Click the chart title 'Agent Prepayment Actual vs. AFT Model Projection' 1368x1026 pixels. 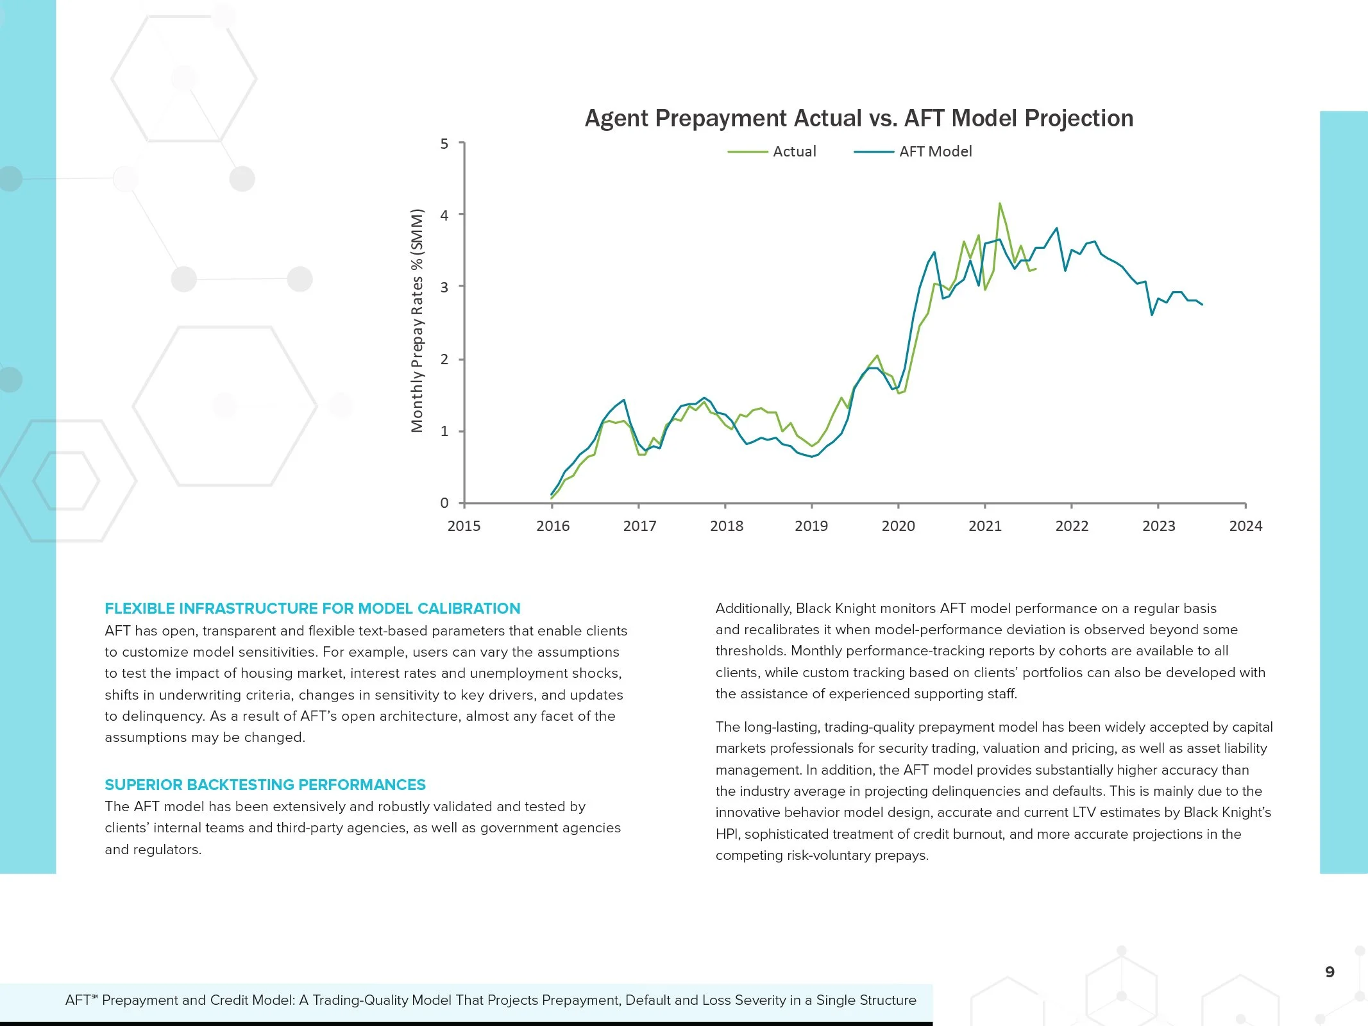(859, 119)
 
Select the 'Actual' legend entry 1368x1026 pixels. (794, 152)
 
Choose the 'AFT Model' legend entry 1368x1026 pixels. (934, 152)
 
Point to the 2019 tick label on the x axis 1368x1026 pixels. (811, 526)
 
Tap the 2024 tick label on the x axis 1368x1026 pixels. (1246, 526)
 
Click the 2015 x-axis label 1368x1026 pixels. (464, 526)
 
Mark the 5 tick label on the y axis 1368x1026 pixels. (444, 144)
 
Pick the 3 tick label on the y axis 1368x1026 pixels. (444, 287)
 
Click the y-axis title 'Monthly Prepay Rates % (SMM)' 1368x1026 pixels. (418, 321)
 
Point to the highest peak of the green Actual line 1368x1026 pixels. (999, 204)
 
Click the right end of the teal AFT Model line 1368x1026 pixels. (1202, 305)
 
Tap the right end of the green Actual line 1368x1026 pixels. (1036, 269)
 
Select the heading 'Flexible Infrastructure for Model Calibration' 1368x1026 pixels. (312, 609)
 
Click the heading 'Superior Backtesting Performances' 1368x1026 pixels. (265, 785)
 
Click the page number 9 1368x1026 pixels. (1330, 972)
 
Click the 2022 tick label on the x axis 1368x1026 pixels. (1072, 526)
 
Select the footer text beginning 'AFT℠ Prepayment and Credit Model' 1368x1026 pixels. (491, 1000)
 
